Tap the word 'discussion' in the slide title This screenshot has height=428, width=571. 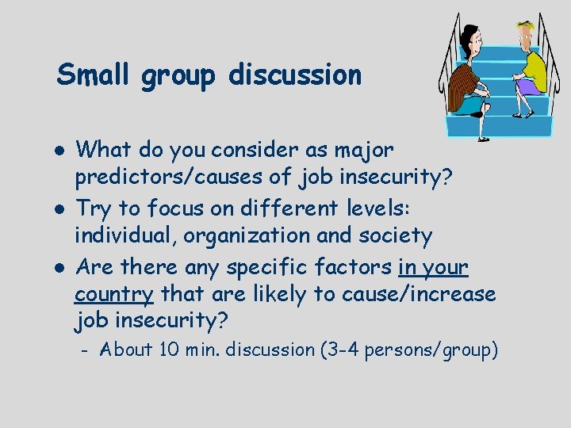click(x=295, y=75)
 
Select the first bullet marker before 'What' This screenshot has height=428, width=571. click(x=61, y=149)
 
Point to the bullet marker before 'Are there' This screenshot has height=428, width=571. click(x=61, y=269)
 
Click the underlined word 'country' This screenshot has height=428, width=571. click(x=114, y=294)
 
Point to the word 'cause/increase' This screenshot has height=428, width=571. click(x=417, y=294)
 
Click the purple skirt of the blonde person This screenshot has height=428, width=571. click(x=523, y=81)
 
